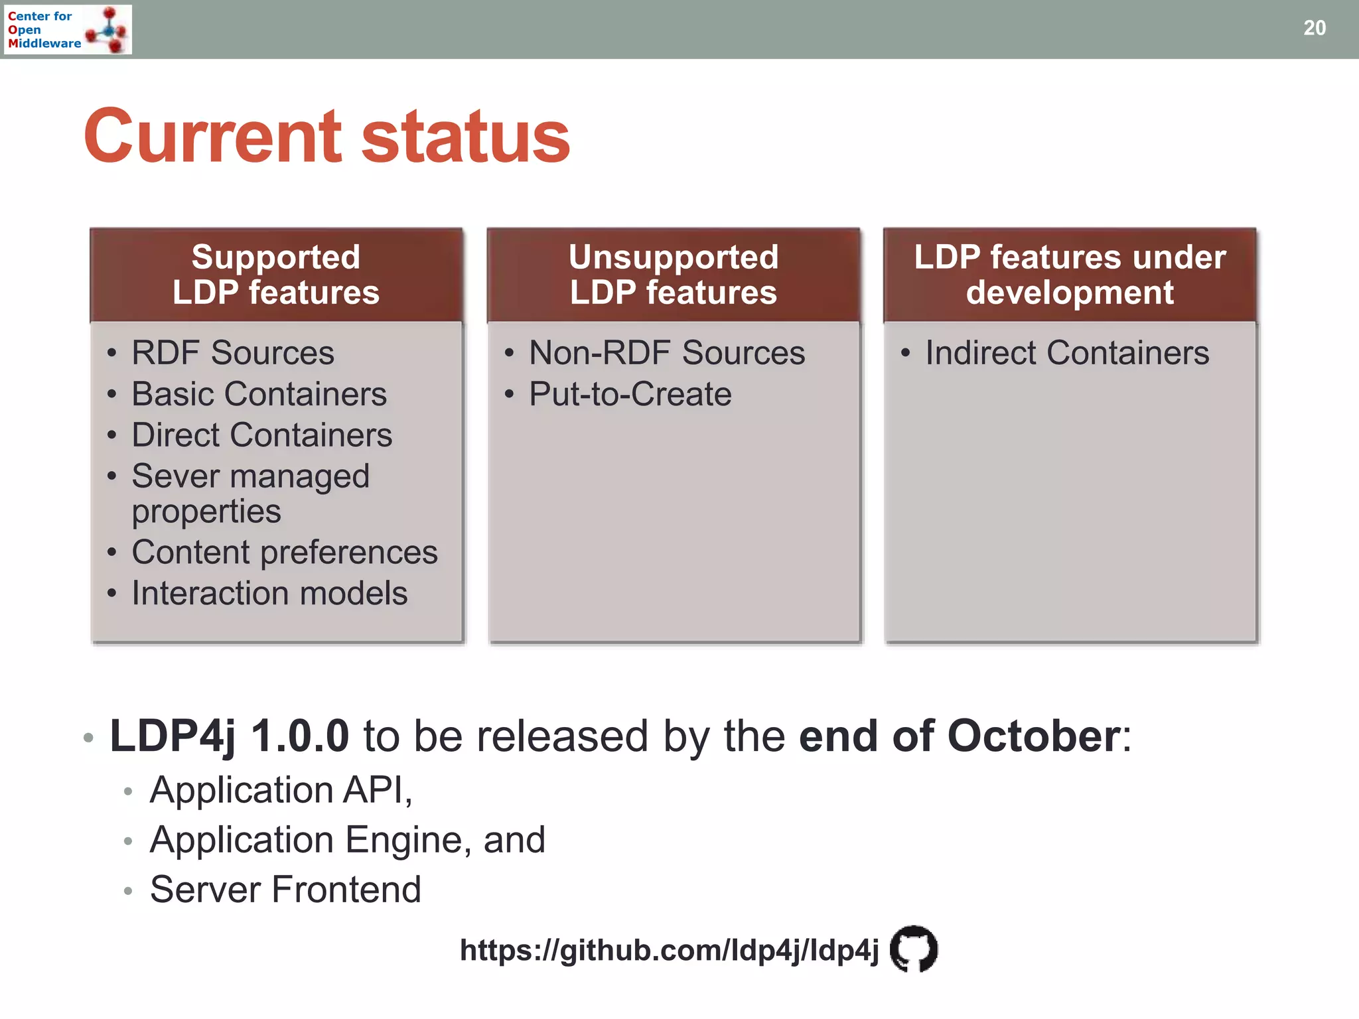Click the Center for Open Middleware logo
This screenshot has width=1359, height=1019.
[x=68, y=29]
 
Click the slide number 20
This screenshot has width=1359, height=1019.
[x=1314, y=28]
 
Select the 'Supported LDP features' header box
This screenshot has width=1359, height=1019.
[x=276, y=275]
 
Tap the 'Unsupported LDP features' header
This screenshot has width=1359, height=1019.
[x=673, y=275]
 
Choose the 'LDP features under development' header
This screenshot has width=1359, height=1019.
[x=1070, y=275]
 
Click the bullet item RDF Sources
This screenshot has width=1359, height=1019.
[x=232, y=352]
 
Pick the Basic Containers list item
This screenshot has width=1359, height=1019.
[x=259, y=394]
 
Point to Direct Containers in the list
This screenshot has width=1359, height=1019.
[x=261, y=435]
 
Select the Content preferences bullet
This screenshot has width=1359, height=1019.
[x=284, y=552]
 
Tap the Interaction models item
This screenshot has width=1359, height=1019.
[x=269, y=593]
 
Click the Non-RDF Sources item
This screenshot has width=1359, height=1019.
[x=666, y=352]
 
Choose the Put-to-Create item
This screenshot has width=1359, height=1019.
[x=630, y=394]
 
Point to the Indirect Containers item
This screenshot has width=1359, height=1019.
[x=1066, y=352]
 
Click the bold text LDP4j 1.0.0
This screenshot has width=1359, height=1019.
[x=229, y=736]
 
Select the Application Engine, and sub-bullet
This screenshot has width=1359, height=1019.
[x=347, y=840]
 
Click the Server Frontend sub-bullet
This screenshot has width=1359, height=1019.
[x=285, y=890]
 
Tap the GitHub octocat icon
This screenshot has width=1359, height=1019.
[x=913, y=949]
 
